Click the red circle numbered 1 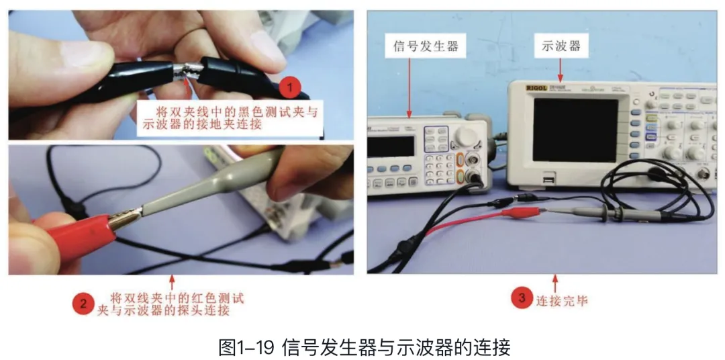pos(290,88)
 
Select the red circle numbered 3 pos(522,298)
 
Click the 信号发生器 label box pos(424,47)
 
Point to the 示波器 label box pos(561,47)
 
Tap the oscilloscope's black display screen pos(575,130)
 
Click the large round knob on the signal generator pos(463,137)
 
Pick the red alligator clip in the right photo pos(521,213)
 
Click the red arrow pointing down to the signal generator pos(409,87)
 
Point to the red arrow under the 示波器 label pos(561,68)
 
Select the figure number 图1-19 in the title pos(246,347)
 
